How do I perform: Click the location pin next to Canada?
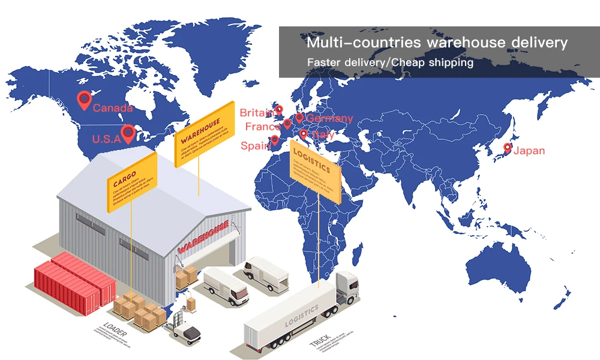point(83,99)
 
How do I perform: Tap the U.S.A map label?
point(106,139)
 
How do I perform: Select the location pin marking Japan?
point(508,148)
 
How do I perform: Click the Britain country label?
point(256,113)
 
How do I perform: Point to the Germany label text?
point(329,119)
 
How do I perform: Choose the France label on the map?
point(263,127)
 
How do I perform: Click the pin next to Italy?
point(304,134)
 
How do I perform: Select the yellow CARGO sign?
point(131,181)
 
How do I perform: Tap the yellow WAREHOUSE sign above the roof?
point(203,134)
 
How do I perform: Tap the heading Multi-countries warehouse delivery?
point(437,43)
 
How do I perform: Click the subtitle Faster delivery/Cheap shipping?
point(390,62)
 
